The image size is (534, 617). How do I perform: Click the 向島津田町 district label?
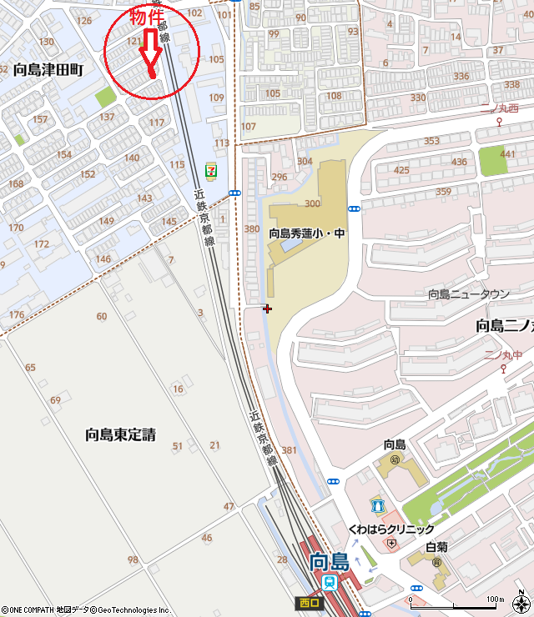pyautogui.click(x=48, y=71)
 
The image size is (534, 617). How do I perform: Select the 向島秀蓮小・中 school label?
pyautogui.click(x=305, y=234)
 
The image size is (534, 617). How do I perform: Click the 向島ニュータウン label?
pyautogui.click(x=468, y=293)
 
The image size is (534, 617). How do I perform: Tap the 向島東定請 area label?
pyautogui.click(x=120, y=434)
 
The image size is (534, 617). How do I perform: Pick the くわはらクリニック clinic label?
pyautogui.click(x=391, y=529)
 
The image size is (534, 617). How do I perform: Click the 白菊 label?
pyautogui.click(x=436, y=548)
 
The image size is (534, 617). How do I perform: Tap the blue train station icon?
pyautogui.click(x=332, y=582)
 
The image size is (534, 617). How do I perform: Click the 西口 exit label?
pyautogui.click(x=307, y=603)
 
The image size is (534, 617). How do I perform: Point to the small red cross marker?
pyautogui.click(x=267, y=308)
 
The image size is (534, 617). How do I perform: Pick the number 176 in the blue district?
pyautogui.click(x=17, y=314)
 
